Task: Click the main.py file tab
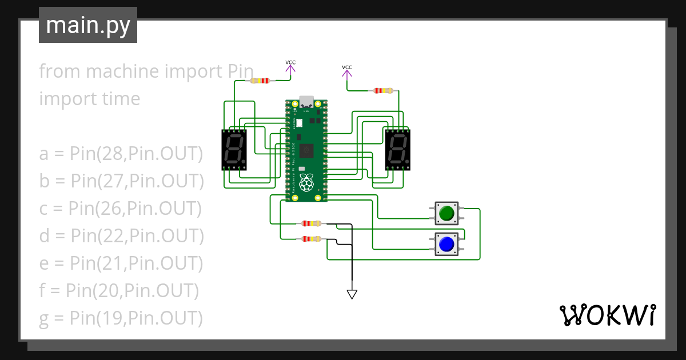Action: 87,26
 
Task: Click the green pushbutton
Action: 446,214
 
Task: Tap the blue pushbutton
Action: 446,245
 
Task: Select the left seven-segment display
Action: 235,150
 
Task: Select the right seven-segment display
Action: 398,150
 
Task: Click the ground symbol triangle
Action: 352,294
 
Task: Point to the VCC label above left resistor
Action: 290,62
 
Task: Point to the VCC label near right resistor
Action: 347,67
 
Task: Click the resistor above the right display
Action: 383,90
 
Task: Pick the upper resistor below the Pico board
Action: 312,223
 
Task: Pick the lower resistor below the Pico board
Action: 312,239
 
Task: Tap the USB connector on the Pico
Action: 306,102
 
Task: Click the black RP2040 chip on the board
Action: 308,151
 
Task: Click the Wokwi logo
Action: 607,315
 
